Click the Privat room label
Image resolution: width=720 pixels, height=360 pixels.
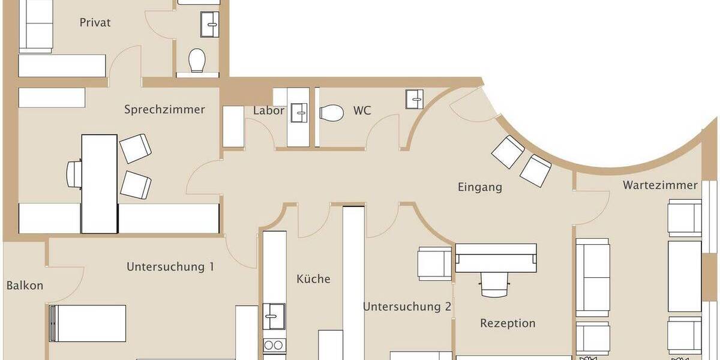(95, 23)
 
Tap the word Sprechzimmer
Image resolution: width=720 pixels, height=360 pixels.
(164, 110)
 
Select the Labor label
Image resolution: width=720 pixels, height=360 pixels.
(268, 111)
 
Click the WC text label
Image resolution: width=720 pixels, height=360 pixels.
(362, 111)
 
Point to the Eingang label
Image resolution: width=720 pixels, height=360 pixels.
(479, 187)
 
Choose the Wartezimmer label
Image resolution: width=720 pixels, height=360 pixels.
(660, 185)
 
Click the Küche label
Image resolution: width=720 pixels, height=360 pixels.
(313, 279)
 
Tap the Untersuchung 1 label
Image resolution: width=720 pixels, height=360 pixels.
(170, 266)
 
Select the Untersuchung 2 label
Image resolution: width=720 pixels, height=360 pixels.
(407, 307)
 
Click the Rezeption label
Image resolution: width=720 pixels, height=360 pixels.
(507, 323)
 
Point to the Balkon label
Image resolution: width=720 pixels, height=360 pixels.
(25, 286)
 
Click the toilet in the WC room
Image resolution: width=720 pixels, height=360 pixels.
(331, 112)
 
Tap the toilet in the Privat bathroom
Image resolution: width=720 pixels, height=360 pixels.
(197, 61)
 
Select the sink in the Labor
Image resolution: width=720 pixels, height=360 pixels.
(298, 112)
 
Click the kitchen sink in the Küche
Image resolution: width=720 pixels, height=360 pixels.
(274, 316)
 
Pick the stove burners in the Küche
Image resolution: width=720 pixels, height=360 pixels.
(274, 346)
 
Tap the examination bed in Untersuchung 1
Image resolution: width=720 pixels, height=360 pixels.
(88, 323)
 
